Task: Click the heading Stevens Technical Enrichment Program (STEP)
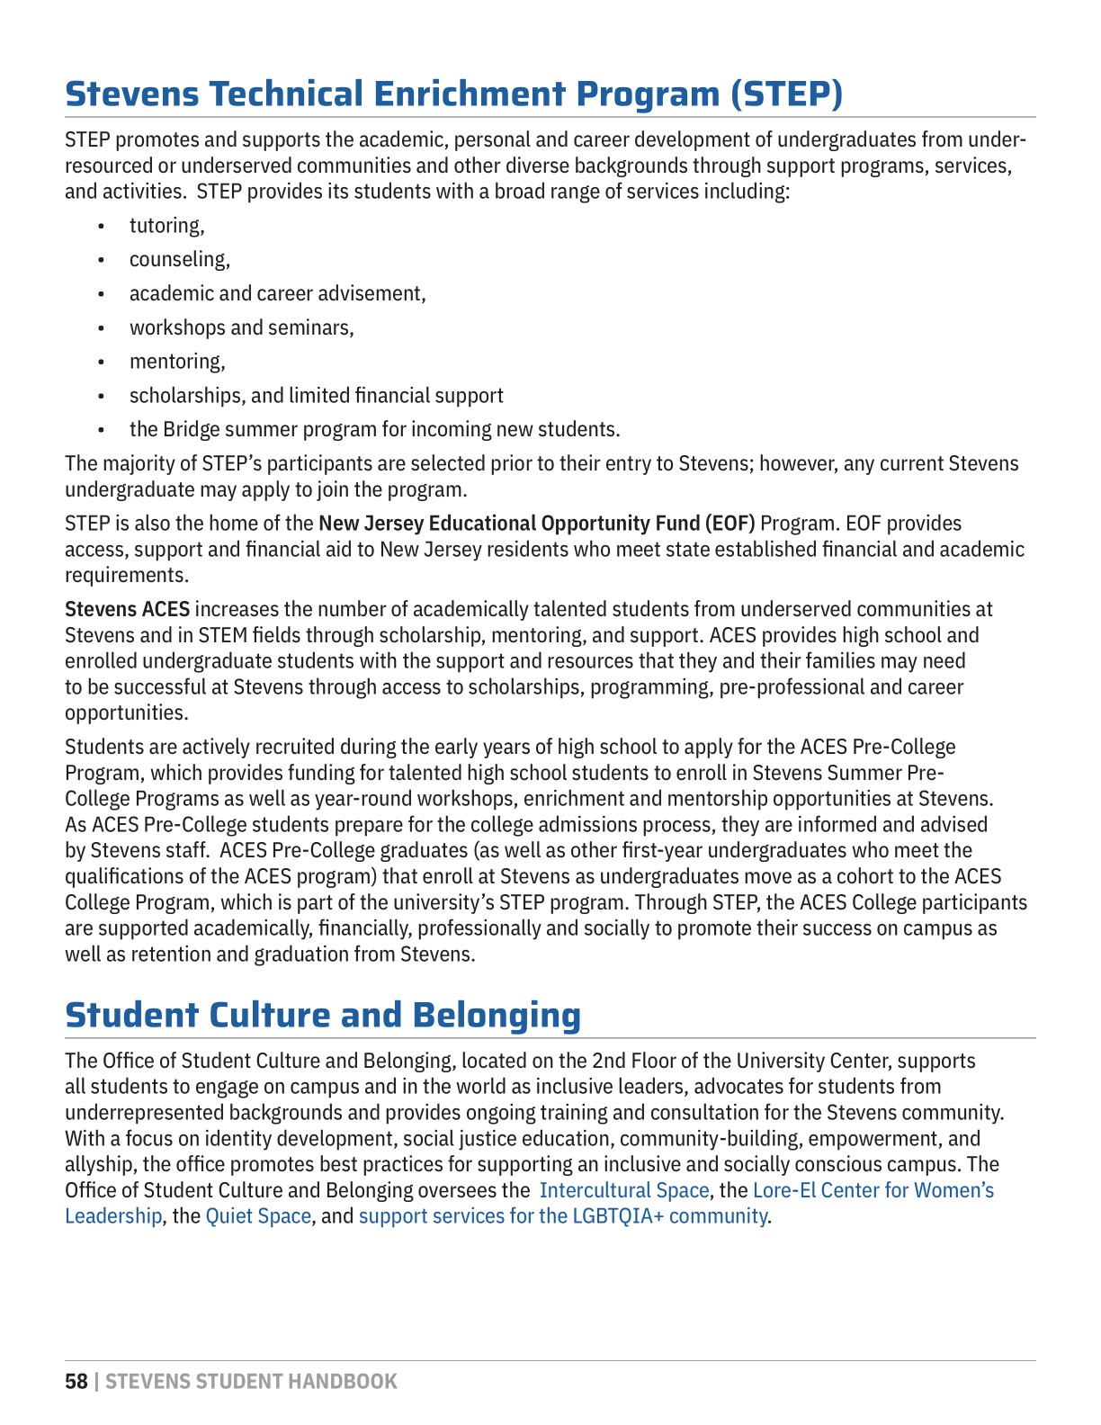[454, 94]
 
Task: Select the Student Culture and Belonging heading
[323, 1015]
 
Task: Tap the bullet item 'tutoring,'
[166, 226]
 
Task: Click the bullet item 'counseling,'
[179, 260]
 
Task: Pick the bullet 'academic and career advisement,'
[277, 294]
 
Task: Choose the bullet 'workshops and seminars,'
[241, 327]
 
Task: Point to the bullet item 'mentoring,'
[177, 362]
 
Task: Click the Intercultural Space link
[624, 1190]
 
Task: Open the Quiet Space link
[258, 1216]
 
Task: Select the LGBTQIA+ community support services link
[563, 1216]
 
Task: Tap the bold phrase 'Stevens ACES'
[127, 610]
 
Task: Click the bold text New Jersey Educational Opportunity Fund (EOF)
[537, 524]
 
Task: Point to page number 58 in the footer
[76, 1382]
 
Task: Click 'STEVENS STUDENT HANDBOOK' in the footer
[251, 1382]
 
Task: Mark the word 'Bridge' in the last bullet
[192, 429]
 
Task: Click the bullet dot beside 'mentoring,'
[102, 363]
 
